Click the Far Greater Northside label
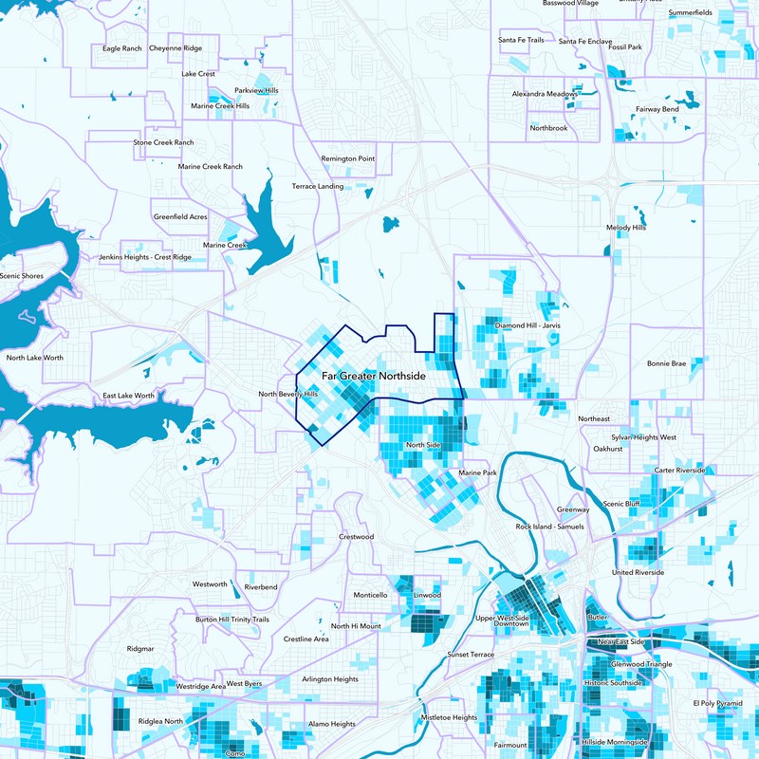pos(373,377)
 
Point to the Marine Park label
pos(477,472)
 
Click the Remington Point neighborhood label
pos(348,158)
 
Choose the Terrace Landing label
pos(318,186)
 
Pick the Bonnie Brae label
pos(666,363)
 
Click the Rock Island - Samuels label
pos(550,527)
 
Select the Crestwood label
pos(357,537)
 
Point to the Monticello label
pos(370,595)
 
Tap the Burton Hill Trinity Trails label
pos(232,619)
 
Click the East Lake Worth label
pos(129,395)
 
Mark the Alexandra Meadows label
pos(545,95)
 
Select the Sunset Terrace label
pos(472,655)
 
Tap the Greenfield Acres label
pos(180,216)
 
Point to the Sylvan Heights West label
pos(644,437)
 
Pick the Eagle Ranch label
pos(121,47)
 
